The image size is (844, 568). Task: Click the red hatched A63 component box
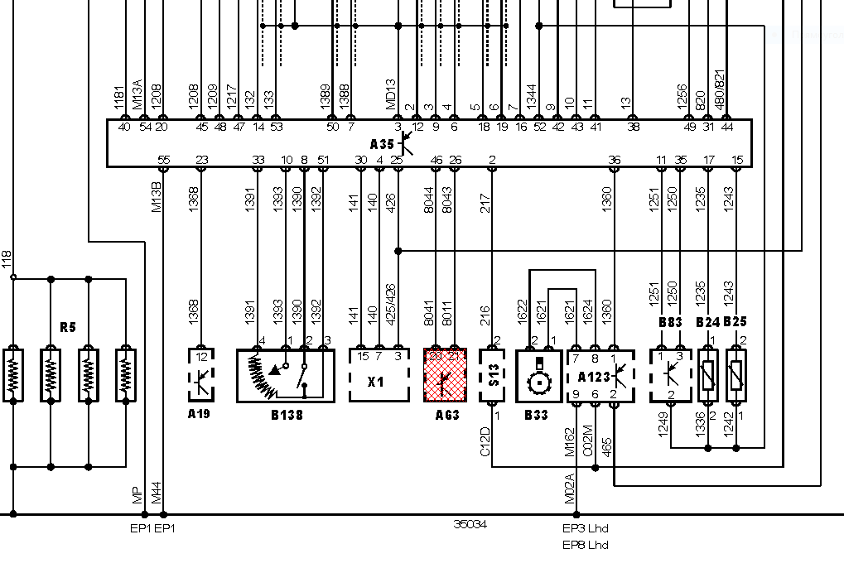coord(446,375)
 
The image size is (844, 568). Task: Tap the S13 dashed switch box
coord(494,375)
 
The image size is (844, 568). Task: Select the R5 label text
coord(68,328)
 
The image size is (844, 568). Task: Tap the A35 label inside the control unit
coord(382,143)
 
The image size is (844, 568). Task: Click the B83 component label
coord(670,321)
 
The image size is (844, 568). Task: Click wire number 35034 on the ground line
coord(470,524)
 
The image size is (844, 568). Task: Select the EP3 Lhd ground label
coord(586,527)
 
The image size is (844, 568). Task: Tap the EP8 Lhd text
coord(586,544)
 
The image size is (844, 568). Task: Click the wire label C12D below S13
coord(485,440)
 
